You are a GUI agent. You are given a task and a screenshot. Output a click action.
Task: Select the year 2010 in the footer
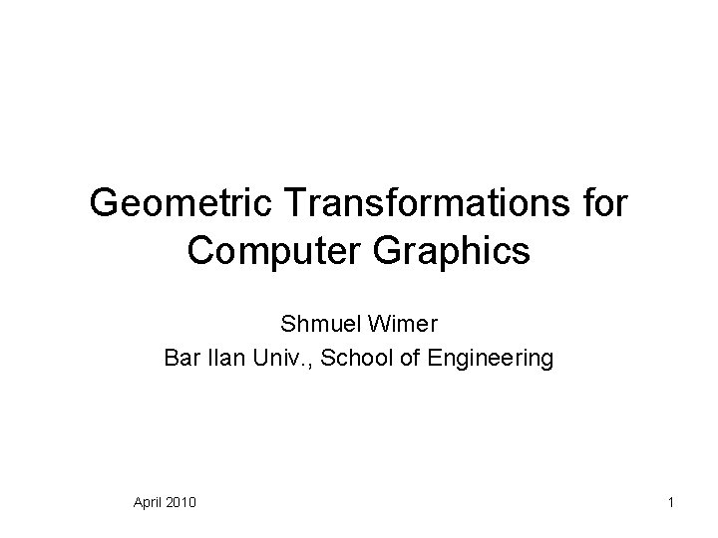tap(181, 500)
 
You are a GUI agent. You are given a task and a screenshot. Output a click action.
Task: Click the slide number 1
tap(671, 500)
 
